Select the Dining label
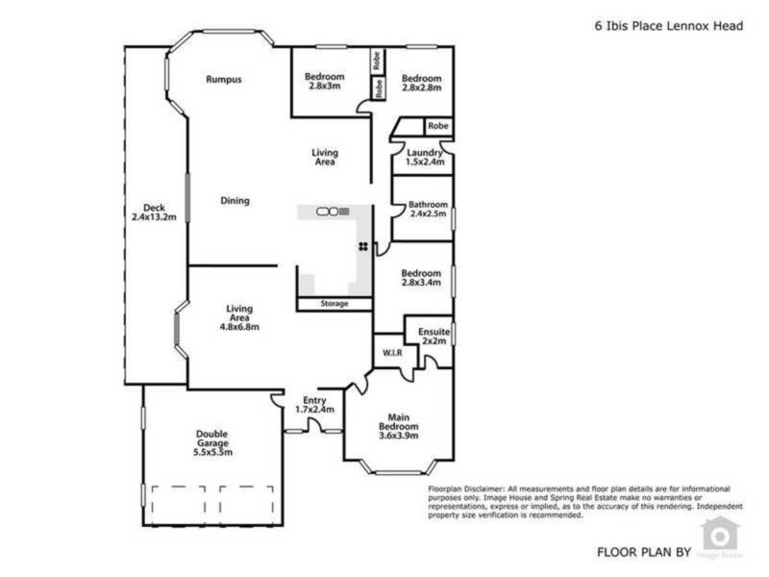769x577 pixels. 235,201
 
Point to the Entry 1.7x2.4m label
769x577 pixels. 314,405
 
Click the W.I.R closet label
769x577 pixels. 392,354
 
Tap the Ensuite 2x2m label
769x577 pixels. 433,336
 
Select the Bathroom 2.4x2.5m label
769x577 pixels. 427,209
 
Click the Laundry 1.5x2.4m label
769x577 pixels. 424,158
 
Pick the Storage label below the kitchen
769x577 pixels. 335,305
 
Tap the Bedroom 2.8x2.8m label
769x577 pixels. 421,83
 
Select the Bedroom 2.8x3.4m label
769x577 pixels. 421,278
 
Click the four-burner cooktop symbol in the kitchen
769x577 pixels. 363,247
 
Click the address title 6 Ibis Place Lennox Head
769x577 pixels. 668,27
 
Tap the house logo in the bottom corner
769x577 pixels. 718,535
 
